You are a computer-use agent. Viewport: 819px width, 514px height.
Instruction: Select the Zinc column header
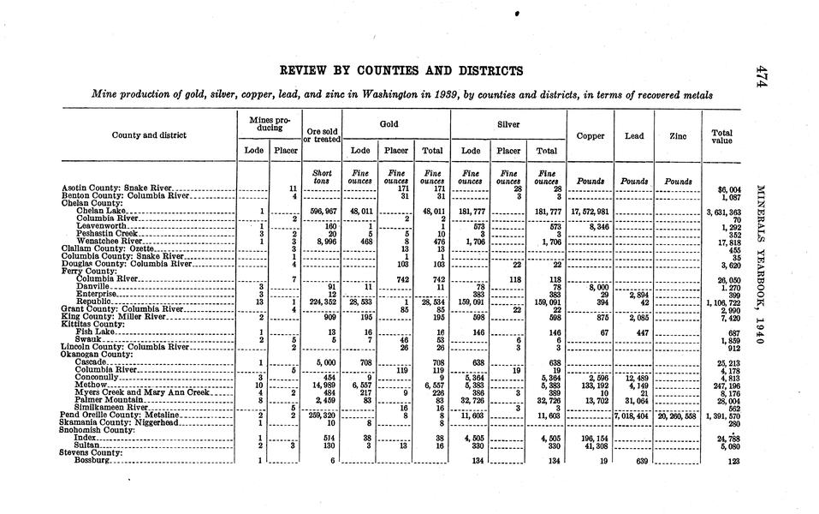(x=678, y=135)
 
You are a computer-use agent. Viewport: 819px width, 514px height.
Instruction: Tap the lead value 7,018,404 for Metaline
(x=634, y=415)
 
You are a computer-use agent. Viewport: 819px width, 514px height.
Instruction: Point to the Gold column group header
(x=389, y=123)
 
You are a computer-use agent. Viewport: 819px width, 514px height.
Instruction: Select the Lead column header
(x=634, y=135)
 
